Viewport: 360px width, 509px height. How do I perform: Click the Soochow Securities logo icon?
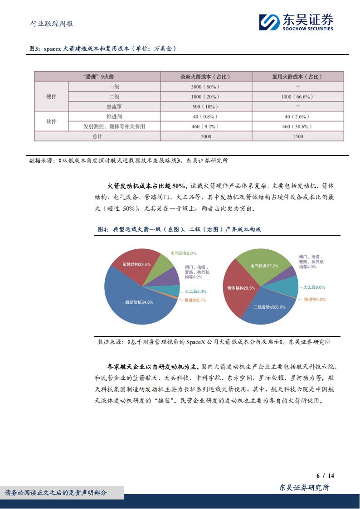269,22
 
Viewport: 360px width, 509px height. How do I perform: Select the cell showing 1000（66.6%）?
297,97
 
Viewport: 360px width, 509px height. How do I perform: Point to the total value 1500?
297,136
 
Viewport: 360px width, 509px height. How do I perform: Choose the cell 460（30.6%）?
297,126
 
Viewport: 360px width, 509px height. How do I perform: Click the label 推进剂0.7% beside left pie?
195,300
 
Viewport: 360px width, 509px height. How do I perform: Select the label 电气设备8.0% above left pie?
184,253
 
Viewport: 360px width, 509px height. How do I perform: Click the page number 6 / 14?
325,475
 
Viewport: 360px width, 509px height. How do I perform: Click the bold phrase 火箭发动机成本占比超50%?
146,186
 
